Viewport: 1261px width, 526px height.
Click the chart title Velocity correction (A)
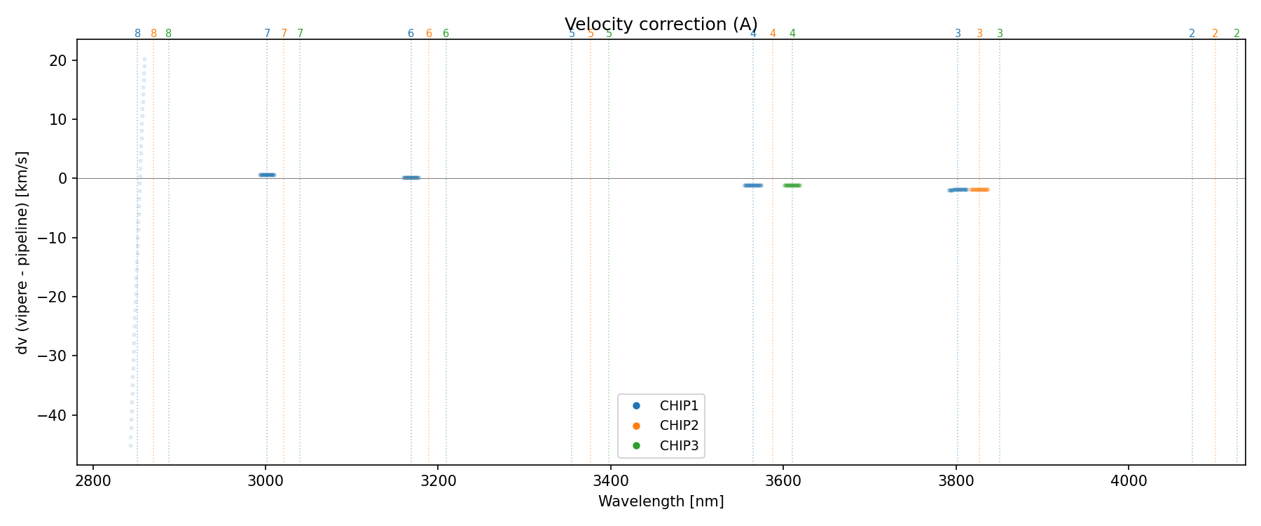(661, 25)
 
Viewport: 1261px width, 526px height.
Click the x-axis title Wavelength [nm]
(661, 501)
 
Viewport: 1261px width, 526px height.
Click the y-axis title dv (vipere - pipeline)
(22, 252)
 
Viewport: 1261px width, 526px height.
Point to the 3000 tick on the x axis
(266, 481)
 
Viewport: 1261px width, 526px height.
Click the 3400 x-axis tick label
(611, 481)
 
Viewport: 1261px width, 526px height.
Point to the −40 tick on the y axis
(53, 415)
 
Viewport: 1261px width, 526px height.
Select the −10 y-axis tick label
(53, 238)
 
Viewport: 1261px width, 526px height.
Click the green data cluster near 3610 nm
(792, 185)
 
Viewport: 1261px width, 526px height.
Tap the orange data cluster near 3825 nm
(979, 189)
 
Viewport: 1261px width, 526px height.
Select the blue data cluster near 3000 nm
(267, 175)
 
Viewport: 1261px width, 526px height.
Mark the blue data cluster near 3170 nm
(411, 177)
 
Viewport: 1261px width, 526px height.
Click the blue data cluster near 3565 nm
(752, 185)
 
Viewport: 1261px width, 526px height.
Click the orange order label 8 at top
(154, 34)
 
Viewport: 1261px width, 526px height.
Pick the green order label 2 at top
(1236, 34)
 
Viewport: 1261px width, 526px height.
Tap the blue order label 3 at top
(958, 34)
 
